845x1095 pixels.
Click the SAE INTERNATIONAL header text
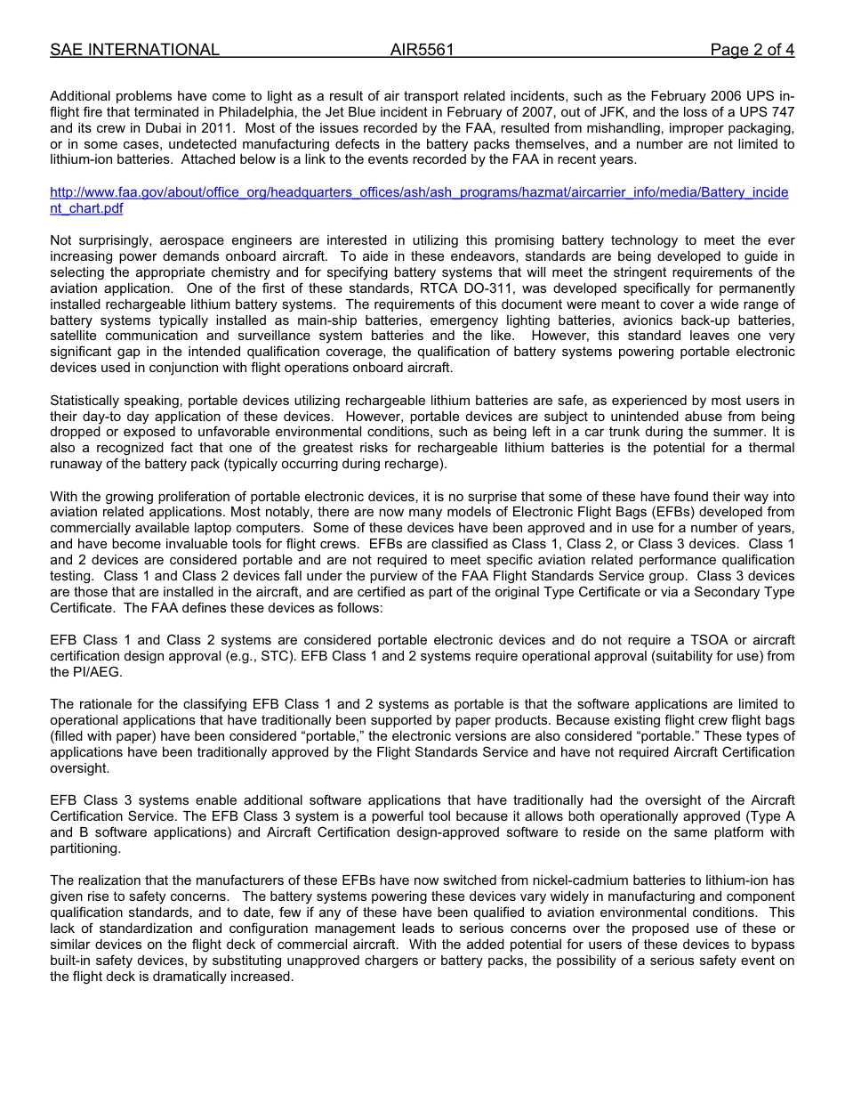point(134,50)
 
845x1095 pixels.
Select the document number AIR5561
point(422,50)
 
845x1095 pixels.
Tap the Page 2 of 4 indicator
point(752,50)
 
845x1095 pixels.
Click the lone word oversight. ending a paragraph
point(80,768)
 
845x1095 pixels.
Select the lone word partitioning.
point(85,848)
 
